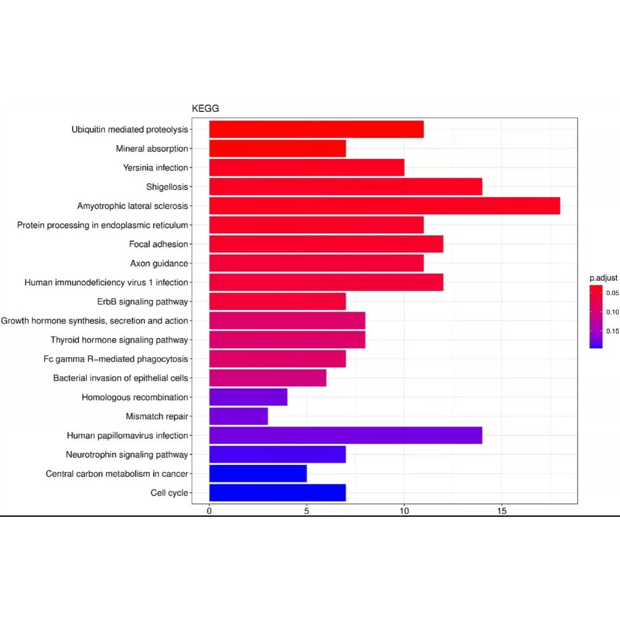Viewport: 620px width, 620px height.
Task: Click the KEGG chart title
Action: (205, 109)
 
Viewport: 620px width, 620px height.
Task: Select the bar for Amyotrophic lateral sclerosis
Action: (384, 206)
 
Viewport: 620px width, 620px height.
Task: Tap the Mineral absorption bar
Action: (277, 148)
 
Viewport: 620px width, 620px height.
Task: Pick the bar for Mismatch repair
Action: (238, 416)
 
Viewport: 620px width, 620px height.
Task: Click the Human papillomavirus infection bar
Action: (345, 436)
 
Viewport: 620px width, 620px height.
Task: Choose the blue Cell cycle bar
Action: (277, 493)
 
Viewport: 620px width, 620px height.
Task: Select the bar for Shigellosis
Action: (345, 186)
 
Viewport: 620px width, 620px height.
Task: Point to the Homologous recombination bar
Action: (248, 397)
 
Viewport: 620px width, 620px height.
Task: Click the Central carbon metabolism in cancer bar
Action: (258, 474)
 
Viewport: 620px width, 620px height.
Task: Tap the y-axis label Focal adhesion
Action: (158, 244)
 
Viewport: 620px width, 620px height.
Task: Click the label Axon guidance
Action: (159, 263)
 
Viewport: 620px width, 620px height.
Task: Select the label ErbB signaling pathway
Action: (142, 302)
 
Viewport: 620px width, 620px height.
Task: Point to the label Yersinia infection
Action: (155, 168)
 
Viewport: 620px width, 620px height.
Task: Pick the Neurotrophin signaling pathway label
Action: (127, 454)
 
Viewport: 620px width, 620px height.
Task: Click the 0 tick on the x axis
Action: (209, 511)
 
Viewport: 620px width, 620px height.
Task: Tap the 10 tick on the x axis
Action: (404, 511)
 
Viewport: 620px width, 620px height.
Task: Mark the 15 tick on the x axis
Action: (502, 511)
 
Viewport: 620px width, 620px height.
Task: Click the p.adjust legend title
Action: (603, 278)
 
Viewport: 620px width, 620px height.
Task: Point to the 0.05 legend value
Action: (612, 293)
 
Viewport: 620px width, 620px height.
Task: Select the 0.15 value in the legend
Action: (612, 331)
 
